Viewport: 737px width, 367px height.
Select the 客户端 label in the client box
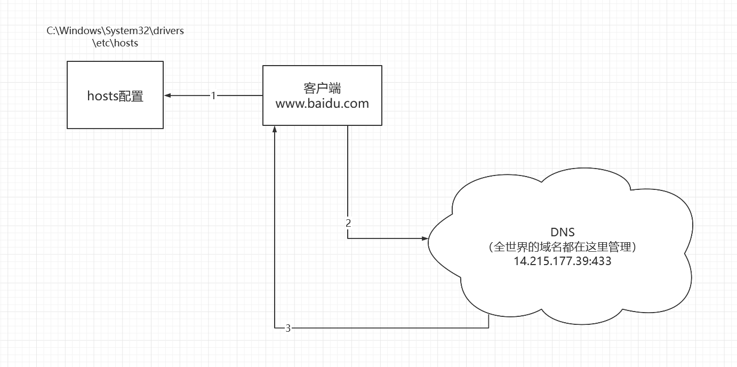coord(322,89)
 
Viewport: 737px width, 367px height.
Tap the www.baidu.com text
coord(322,103)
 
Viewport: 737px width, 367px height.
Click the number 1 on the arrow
coord(213,95)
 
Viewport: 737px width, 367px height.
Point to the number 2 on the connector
coord(348,223)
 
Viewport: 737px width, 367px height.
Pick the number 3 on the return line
coord(288,328)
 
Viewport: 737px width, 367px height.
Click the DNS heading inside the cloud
coord(563,232)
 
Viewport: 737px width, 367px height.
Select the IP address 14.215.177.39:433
coord(563,261)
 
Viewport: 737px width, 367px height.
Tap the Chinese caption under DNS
coord(563,247)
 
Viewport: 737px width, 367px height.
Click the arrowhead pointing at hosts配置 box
coord(167,95)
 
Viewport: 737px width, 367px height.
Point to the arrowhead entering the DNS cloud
coord(425,238)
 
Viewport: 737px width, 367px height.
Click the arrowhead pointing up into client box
coord(274,130)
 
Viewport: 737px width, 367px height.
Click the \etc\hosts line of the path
coord(115,43)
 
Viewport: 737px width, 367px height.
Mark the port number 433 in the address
coord(603,261)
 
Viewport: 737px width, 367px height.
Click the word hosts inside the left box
coord(102,96)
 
